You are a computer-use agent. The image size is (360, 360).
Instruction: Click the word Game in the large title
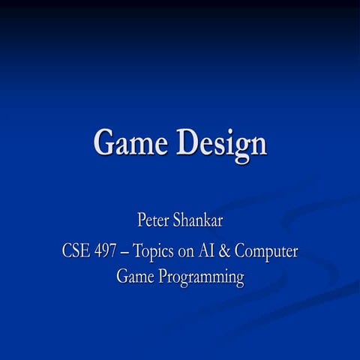131,142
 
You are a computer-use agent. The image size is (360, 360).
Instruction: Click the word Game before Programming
135,277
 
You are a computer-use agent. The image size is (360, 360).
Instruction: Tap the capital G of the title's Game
104,142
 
